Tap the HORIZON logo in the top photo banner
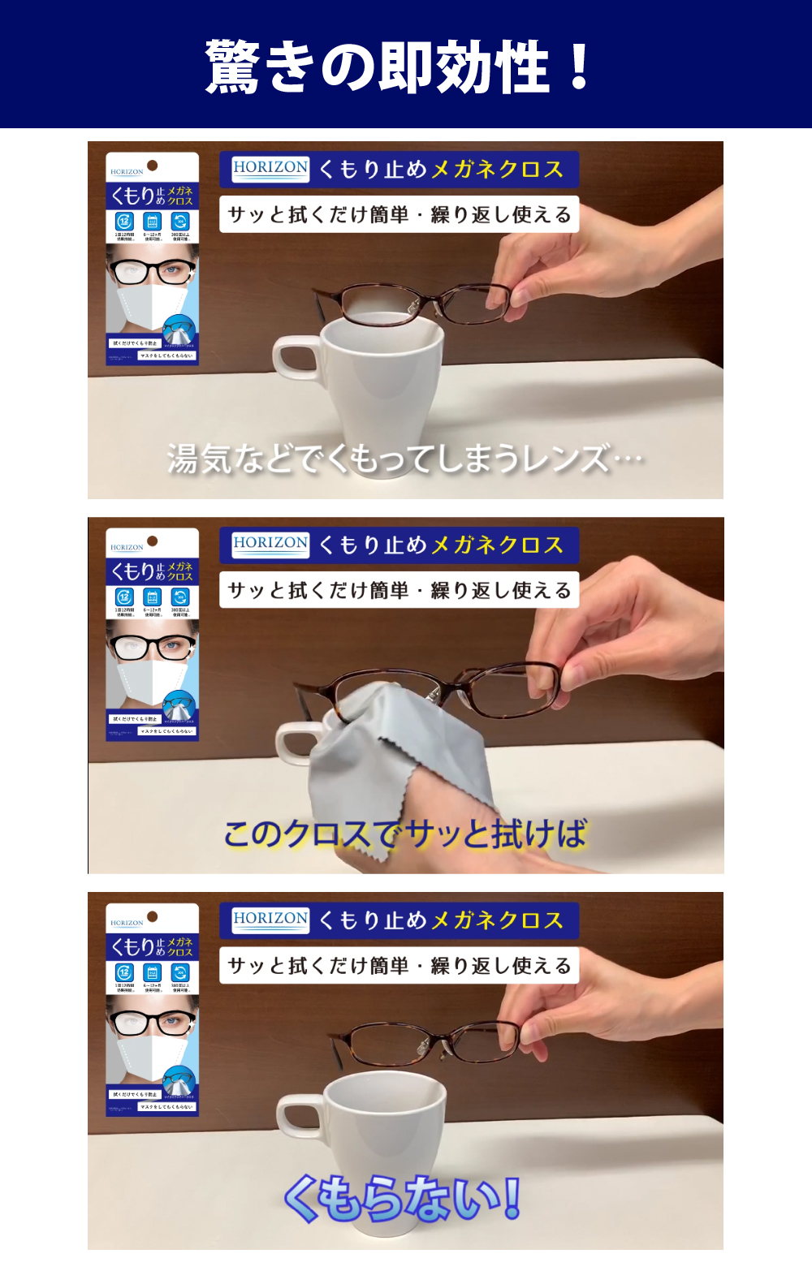click(x=270, y=169)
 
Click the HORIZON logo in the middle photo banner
click(x=270, y=544)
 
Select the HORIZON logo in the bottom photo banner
click(x=270, y=920)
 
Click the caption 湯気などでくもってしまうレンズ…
click(x=404, y=459)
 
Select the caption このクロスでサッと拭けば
click(x=404, y=834)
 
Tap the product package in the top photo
click(x=152, y=258)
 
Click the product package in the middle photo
click(x=152, y=634)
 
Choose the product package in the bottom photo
click(x=152, y=1009)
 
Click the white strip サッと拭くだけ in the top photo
click(x=399, y=214)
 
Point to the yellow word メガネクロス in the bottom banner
click(x=497, y=920)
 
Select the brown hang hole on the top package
click(x=153, y=166)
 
